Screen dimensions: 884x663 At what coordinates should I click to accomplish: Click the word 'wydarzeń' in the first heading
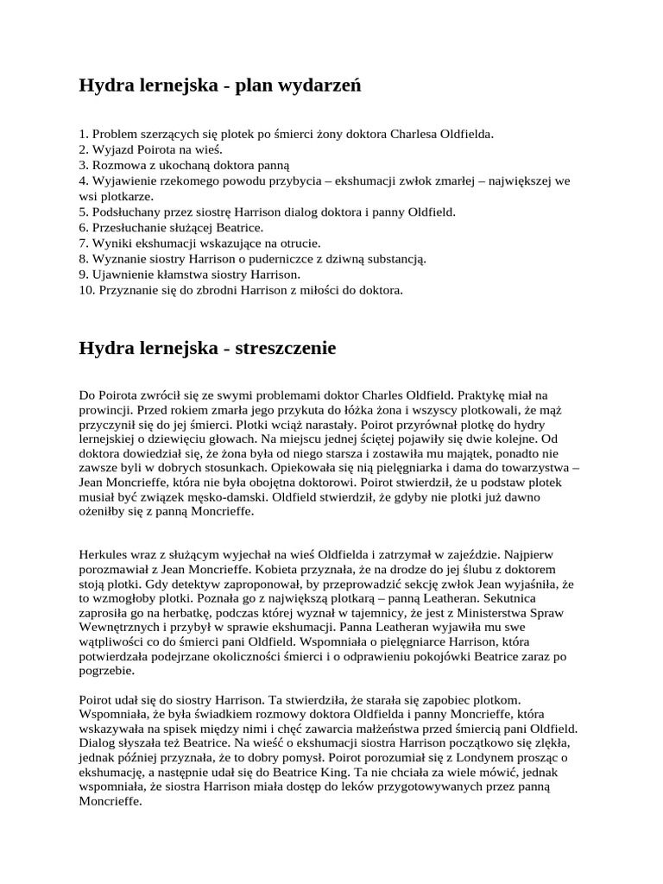[319, 85]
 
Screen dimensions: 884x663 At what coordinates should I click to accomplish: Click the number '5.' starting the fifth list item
[84, 212]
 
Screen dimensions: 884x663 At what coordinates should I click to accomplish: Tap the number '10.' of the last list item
[87, 290]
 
